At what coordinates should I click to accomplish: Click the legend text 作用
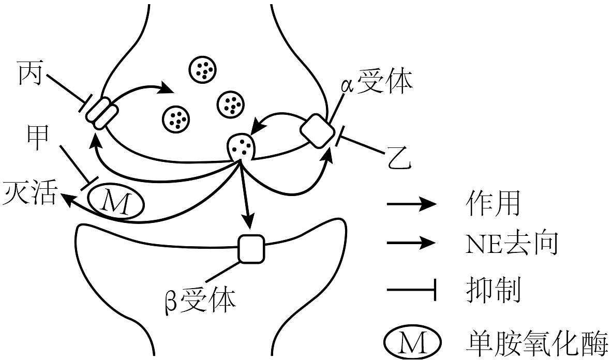[492, 204]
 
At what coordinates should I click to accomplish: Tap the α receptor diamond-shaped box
[317, 129]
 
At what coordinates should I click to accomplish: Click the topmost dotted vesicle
[202, 68]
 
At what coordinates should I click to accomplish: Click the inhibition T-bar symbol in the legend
[411, 291]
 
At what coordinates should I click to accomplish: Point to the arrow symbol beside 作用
[411, 204]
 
